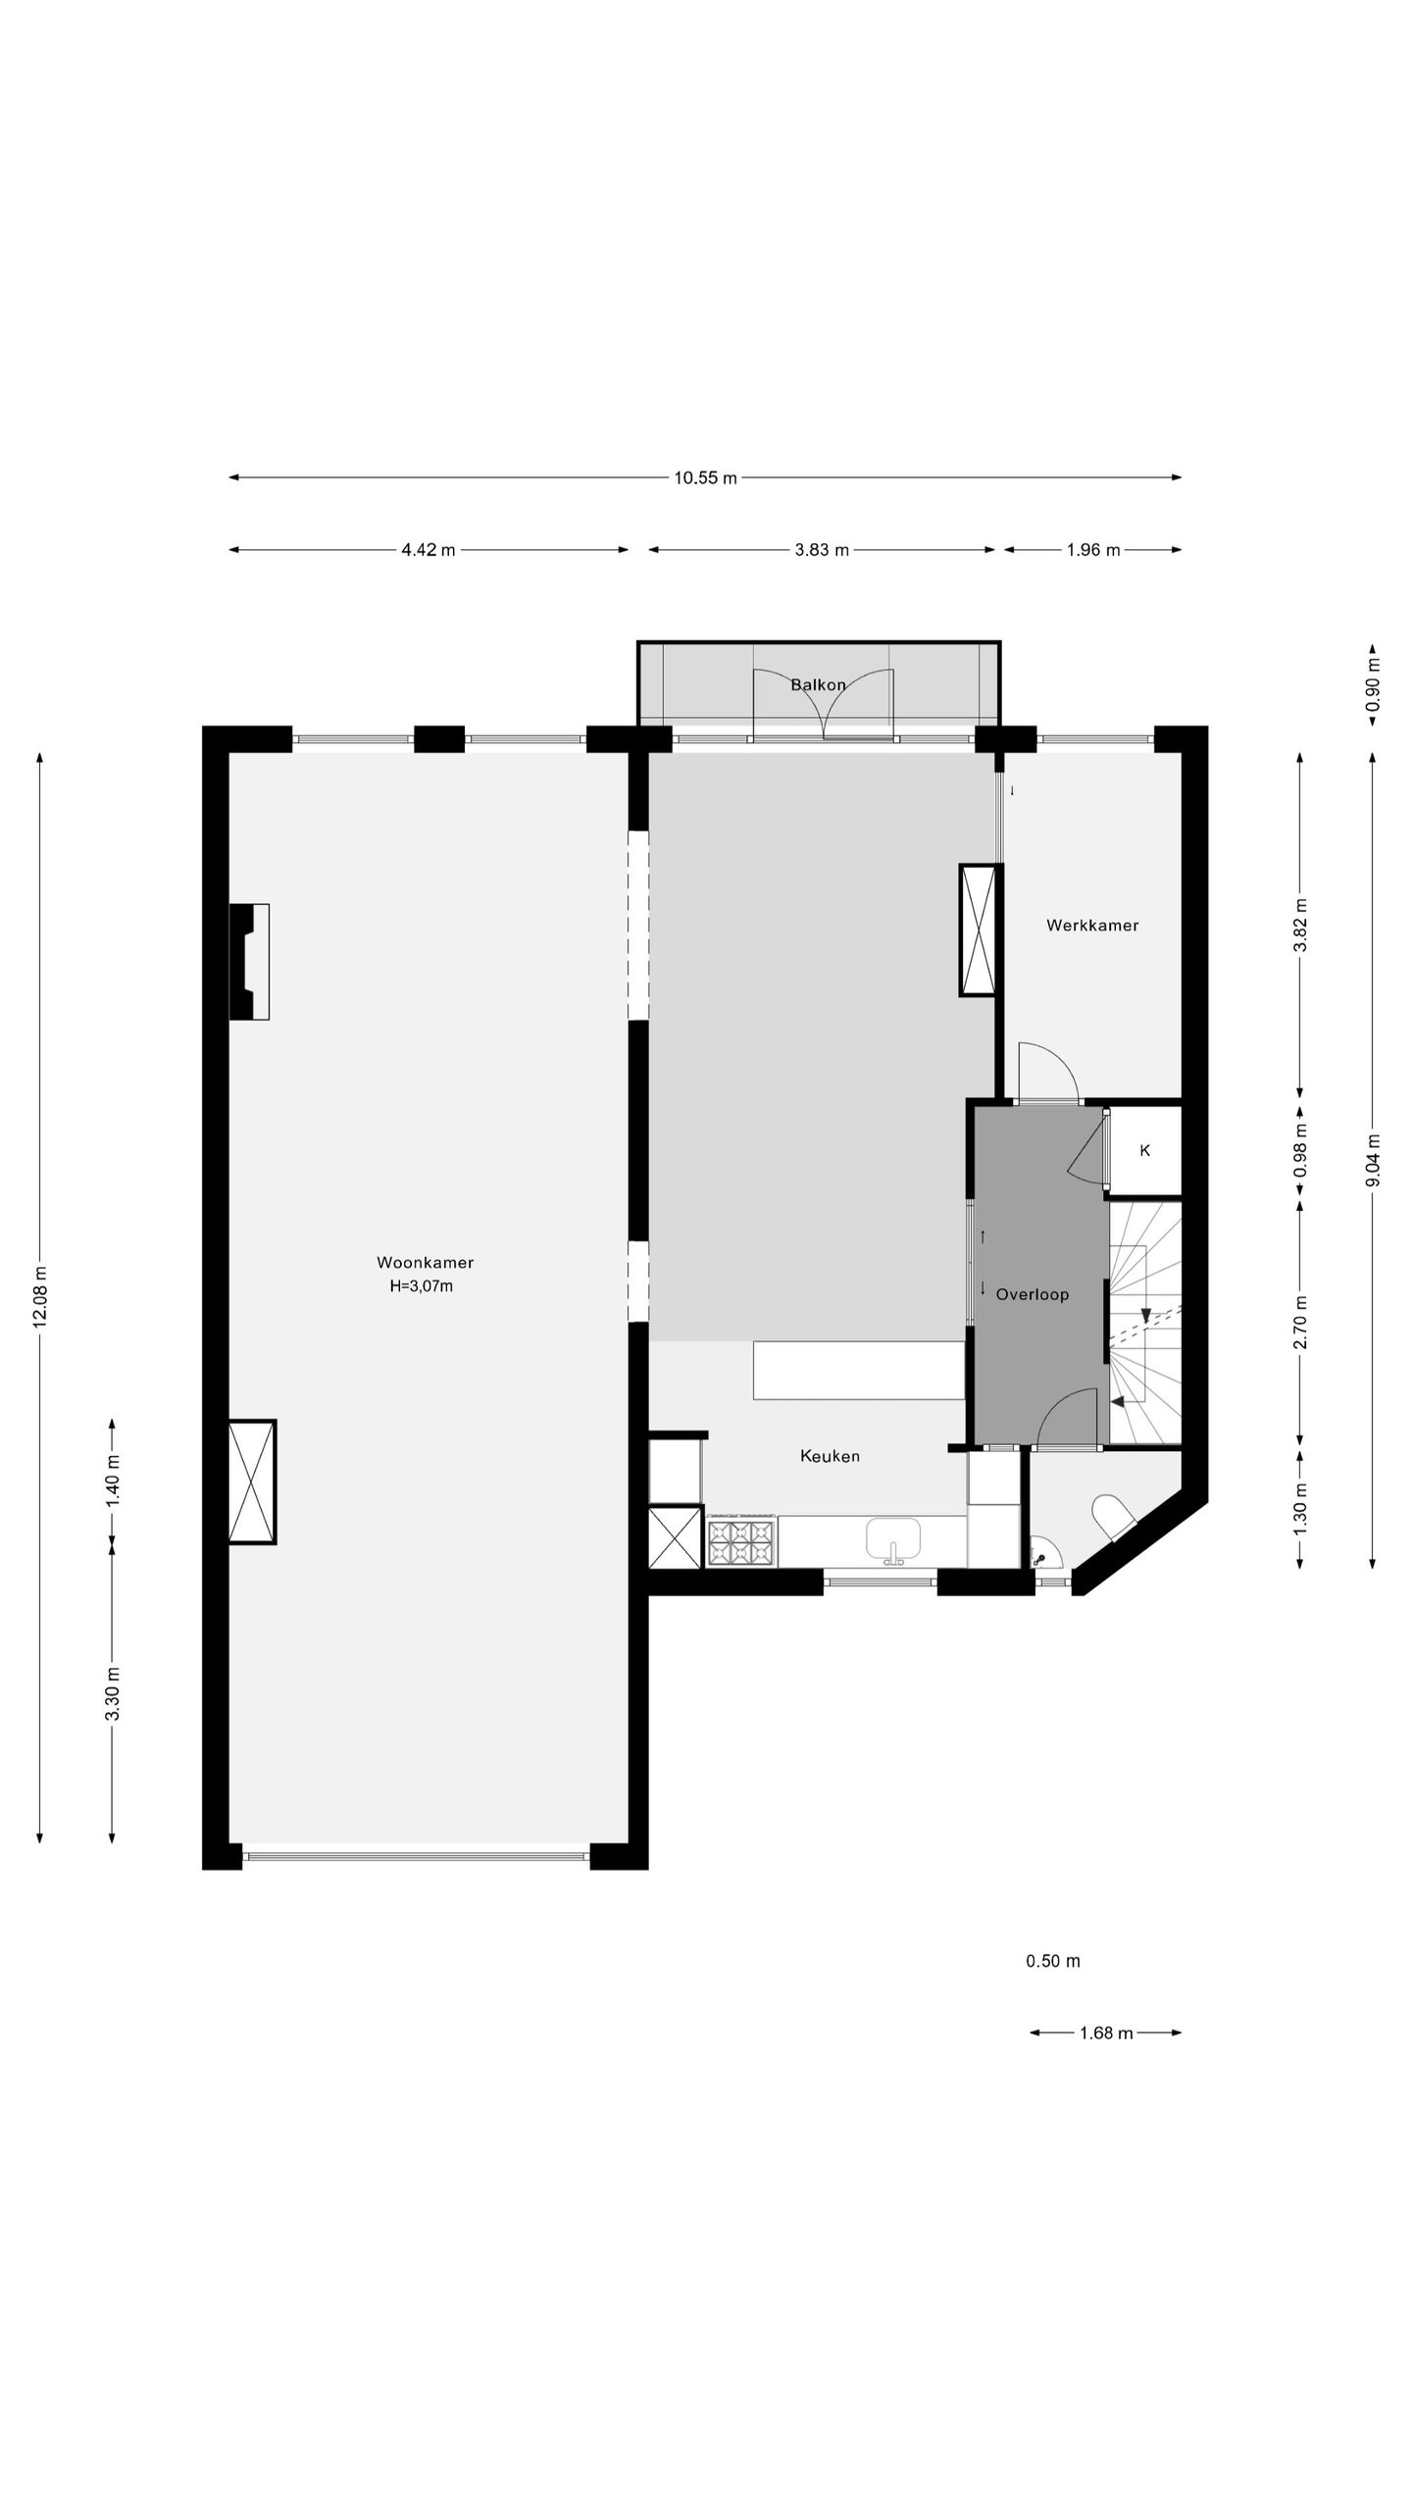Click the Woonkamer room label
(425, 1263)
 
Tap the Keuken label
(830, 1456)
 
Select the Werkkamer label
(1092, 925)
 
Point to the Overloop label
(1033, 1294)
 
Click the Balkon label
(818, 684)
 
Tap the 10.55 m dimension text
(705, 478)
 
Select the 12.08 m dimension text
(40, 1296)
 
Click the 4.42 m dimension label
(429, 550)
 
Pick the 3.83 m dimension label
(822, 550)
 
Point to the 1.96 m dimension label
(1093, 550)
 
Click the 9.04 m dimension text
(1373, 1160)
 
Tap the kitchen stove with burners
(742, 1540)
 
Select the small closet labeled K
(1144, 1151)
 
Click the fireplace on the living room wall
(249, 962)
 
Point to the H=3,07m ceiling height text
(421, 1286)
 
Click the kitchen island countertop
(859, 1371)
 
